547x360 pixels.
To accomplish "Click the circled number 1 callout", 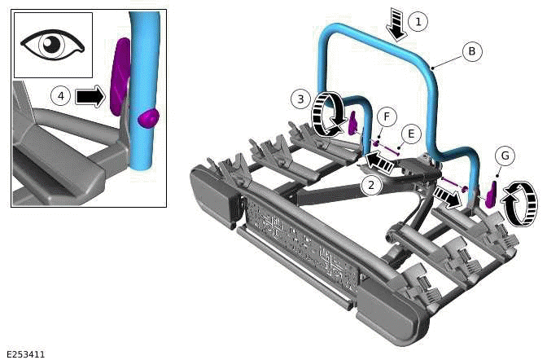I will click(x=418, y=21).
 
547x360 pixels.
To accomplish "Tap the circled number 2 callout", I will click(x=372, y=185).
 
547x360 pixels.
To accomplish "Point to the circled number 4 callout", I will click(x=60, y=96).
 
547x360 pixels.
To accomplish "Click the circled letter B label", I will click(x=471, y=50).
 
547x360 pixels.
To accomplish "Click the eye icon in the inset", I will click(x=53, y=45).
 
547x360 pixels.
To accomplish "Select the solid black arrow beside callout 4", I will click(x=91, y=97).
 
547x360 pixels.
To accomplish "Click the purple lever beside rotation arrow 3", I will click(x=354, y=125).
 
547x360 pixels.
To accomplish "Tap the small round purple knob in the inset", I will click(x=149, y=118).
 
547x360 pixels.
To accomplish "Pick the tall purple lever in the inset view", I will click(x=120, y=73).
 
